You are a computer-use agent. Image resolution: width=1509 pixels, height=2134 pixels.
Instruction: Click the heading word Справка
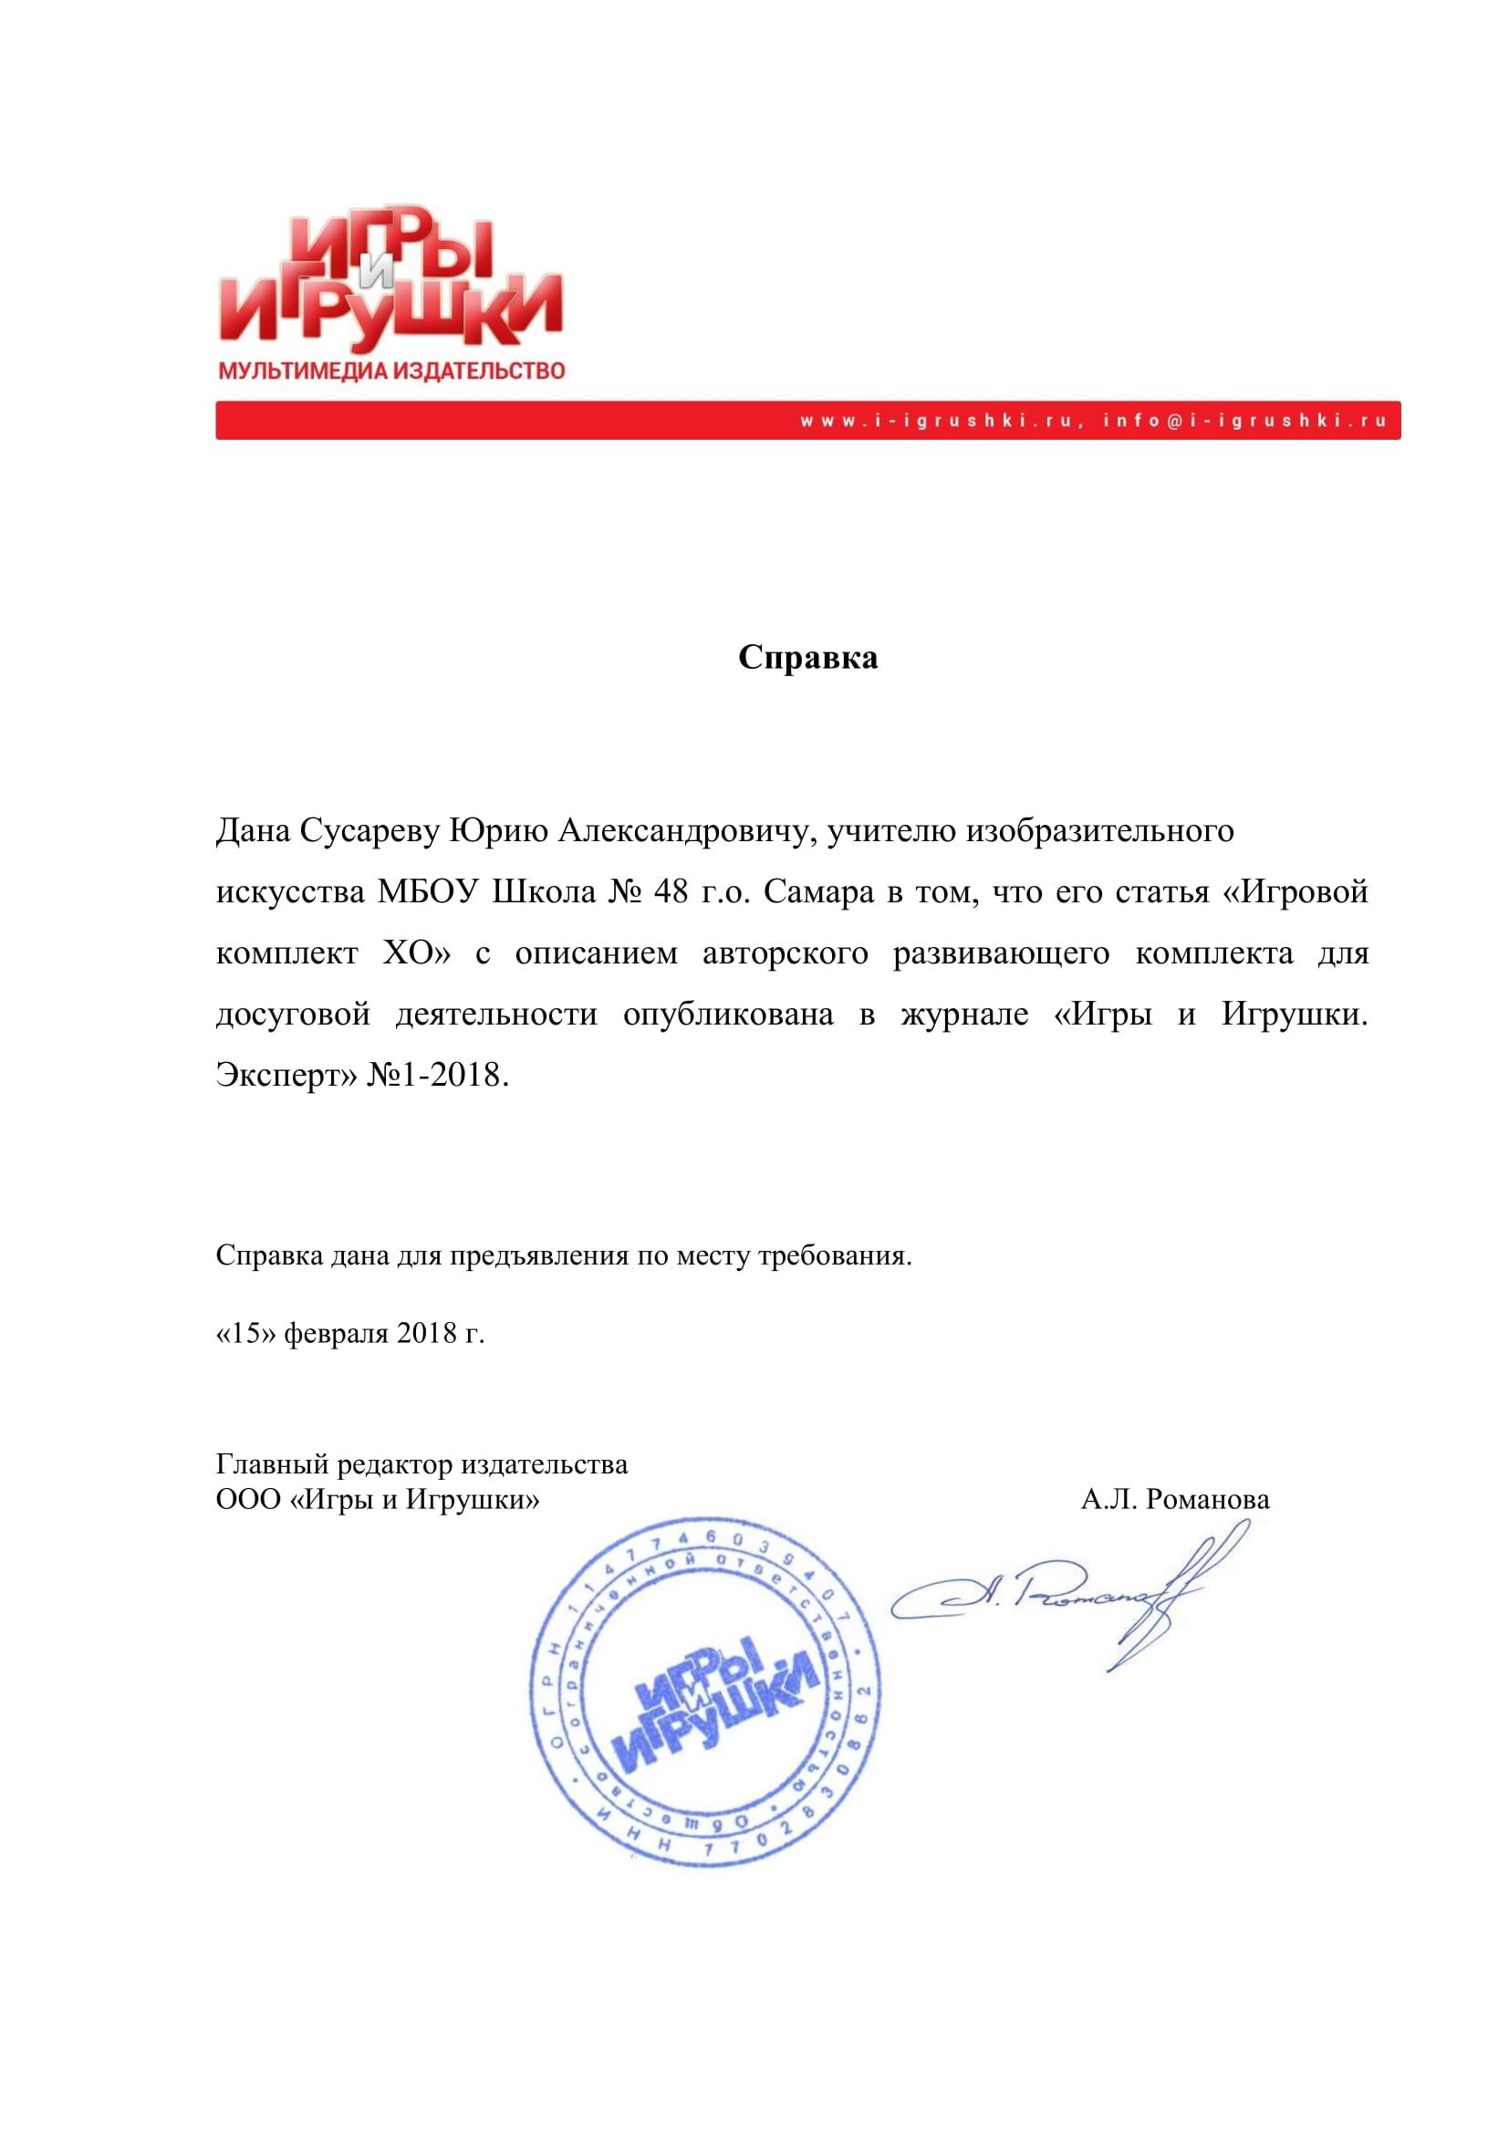[807, 658]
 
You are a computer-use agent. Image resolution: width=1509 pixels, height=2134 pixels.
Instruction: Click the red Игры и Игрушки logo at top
[390, 279]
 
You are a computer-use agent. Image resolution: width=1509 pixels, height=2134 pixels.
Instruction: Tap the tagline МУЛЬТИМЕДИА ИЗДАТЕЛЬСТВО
[391, 371]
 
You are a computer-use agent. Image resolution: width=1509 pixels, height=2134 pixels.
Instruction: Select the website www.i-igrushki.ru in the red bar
[940, 421]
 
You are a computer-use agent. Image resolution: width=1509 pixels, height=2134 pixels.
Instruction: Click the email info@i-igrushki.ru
[1245, 421]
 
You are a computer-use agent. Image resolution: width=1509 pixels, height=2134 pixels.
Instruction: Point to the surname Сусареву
[369, 830]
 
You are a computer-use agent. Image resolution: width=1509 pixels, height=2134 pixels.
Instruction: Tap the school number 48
[671, 892]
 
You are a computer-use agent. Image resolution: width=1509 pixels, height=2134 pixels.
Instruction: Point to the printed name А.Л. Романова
[1174, 1499]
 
